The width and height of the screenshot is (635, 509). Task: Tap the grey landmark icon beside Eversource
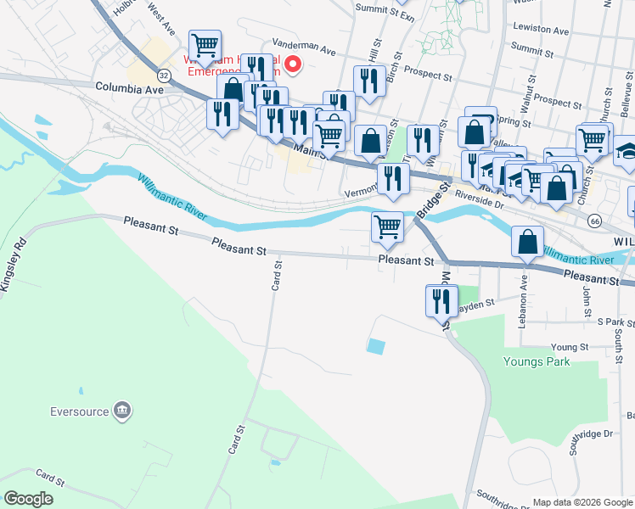(122, 411)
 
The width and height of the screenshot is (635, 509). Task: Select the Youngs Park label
(537, 361)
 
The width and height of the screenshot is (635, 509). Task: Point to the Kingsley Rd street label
(16, 265)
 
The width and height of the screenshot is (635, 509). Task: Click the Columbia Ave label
(129, 87)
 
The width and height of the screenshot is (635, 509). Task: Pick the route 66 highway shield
(594, 221)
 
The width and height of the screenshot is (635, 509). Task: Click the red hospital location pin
(294, 64)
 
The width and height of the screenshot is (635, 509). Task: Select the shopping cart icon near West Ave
(205, 44)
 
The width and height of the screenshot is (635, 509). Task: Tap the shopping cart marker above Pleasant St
(387, 227)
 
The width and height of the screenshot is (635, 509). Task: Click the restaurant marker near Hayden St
(441, 300)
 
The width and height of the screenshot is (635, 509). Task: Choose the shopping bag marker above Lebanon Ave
(527, 243)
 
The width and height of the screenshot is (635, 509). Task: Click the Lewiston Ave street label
(541, 31)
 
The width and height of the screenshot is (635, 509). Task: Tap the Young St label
(569, 347)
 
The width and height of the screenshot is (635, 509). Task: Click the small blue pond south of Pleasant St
(374, 346)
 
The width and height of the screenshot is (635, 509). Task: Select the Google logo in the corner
(28, 499)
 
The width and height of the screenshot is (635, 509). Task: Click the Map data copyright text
(582, 502)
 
